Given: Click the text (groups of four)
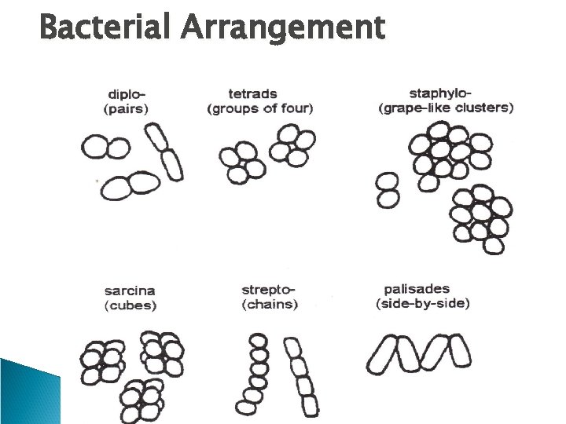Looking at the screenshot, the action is [259, 108].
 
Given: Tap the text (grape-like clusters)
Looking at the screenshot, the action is [446, 108].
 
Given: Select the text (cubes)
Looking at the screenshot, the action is [130, 305].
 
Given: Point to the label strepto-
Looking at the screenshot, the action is [267, 290].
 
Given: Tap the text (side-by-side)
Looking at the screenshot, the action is [422, 303].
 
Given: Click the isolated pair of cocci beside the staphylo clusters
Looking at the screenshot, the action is [388, 191].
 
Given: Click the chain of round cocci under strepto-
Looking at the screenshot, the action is [256, 373].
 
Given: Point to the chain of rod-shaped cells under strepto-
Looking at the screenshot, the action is [302, 375].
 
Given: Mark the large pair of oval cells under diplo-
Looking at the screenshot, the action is [130, 185].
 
